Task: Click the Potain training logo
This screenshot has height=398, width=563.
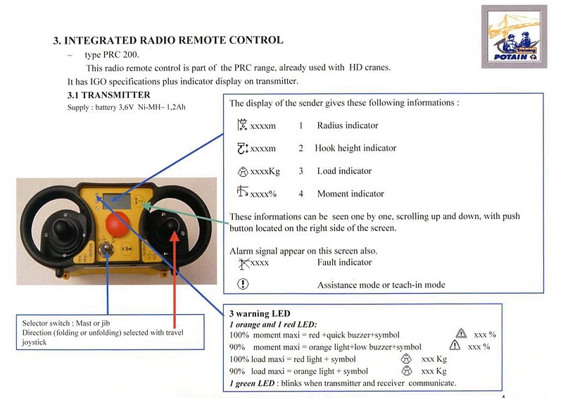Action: [514, 37]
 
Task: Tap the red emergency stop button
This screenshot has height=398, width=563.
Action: [118, 224]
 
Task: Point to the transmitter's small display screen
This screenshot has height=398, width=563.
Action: [117, 201]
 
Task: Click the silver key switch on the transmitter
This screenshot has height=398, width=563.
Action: [106, 249]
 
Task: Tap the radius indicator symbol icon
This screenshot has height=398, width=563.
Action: [242, 125]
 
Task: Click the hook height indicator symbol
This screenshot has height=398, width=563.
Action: [243, 148]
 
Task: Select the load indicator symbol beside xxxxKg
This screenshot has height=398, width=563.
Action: [243, 171]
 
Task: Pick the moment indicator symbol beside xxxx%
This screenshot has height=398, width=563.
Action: [242, 192]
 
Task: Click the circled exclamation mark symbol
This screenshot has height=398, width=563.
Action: [243, 284]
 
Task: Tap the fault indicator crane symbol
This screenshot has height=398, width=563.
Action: [243, 263]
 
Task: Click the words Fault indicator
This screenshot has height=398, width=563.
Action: [344, 262]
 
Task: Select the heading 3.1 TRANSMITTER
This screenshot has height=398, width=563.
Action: [109, 95]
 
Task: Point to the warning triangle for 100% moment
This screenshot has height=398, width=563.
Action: [461, 333]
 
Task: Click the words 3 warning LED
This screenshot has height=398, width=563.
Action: [260, 313]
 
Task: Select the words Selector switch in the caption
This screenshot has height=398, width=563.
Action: [46, 323]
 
